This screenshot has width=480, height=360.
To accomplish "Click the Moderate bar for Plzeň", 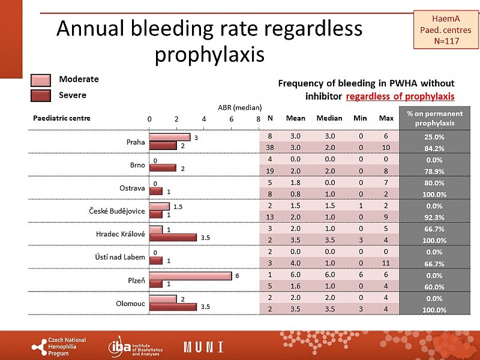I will coord(190,275).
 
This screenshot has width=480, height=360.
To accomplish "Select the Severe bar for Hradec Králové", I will coord(173,238).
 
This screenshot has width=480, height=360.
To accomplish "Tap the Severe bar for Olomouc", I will coord(173,307).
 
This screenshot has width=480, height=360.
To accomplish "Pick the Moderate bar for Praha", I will coord(170,137).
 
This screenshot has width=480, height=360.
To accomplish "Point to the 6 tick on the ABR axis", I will coord(232,119).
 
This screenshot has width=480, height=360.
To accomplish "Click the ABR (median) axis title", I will coord(239,108).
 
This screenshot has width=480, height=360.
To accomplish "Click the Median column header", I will coord(329,118).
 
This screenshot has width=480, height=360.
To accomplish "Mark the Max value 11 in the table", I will coord(386,263).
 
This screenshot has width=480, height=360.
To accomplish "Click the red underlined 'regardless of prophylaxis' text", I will coord(400,96).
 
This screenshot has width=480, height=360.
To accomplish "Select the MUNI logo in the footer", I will coord(203,347).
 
